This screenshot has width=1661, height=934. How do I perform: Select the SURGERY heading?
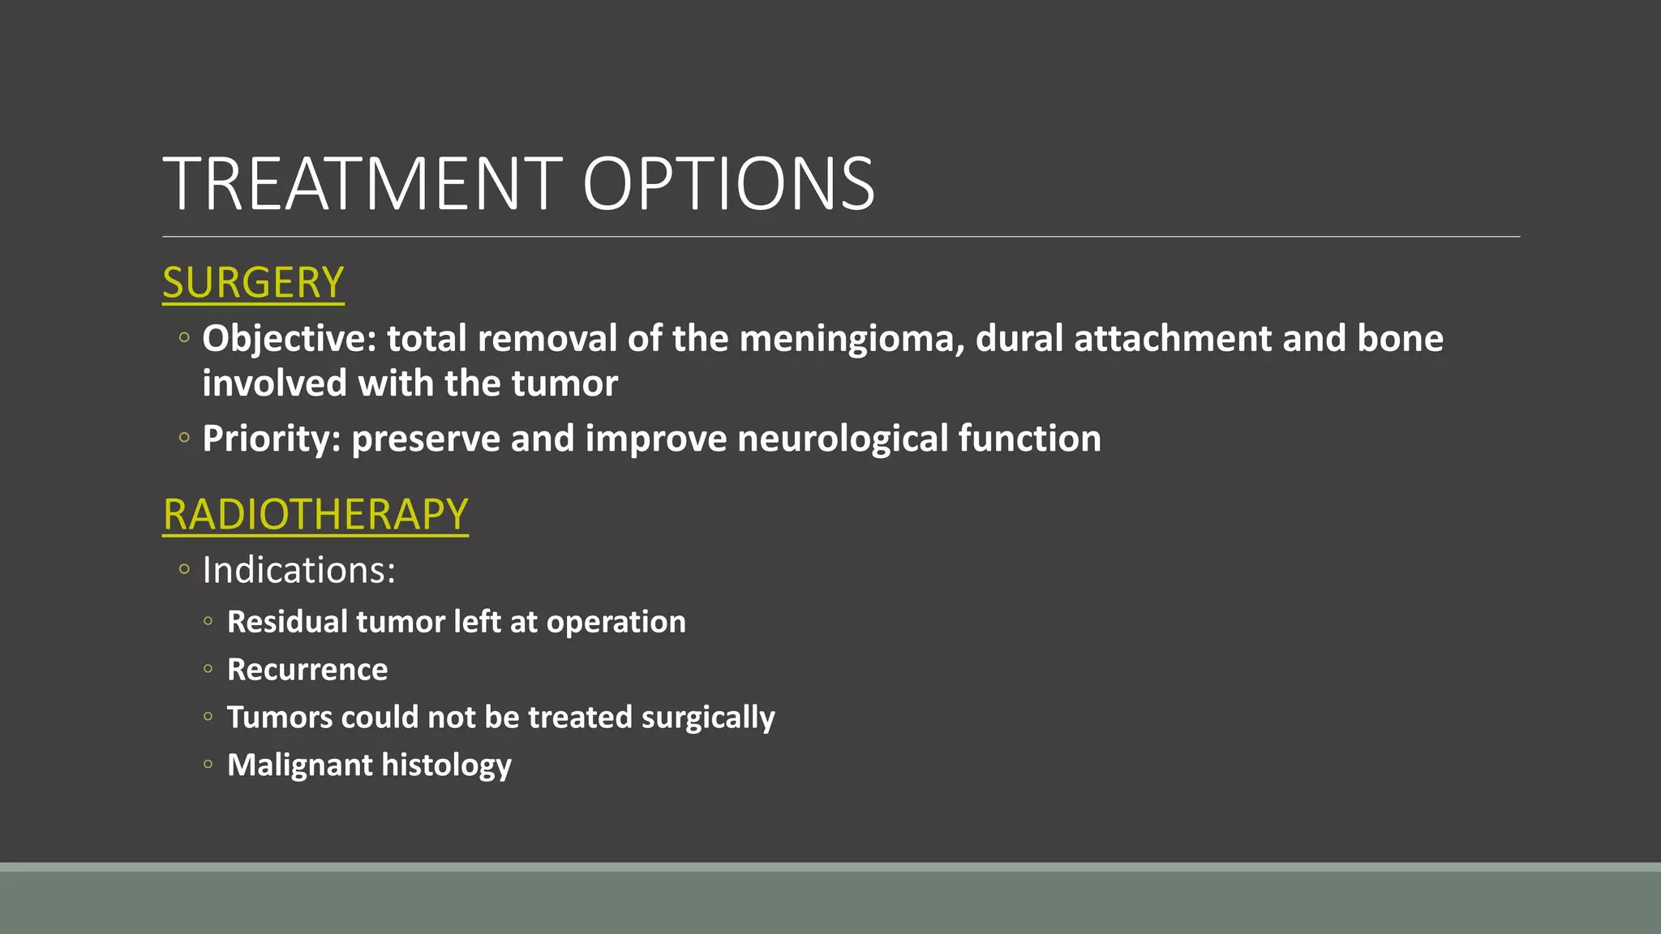(x=253, y=283)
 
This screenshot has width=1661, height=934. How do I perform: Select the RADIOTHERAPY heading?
(x=315, y=515)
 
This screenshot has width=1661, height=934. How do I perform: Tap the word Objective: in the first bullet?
(x=289, y=339)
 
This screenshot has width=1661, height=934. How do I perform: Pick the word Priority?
(x=271, y=439)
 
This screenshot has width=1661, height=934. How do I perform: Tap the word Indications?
(x=298, y=570)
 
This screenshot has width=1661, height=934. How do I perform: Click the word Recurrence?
(x=307, y=670)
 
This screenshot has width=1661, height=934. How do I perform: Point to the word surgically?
(x=708, y=718)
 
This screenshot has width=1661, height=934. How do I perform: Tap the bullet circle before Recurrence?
(x=208, y=670)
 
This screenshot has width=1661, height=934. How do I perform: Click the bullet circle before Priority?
(x=184, y=439)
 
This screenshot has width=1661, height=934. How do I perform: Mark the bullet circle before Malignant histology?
(x=208, y=765)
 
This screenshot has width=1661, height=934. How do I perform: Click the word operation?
(x=616, y=623)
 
